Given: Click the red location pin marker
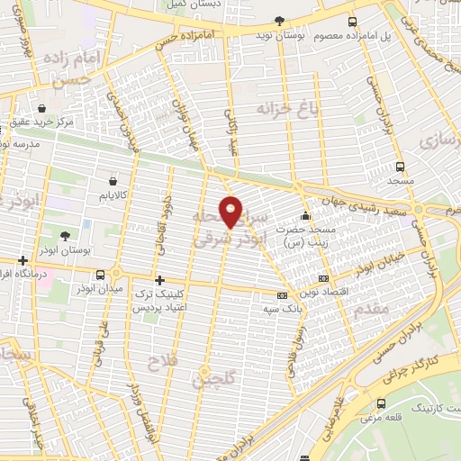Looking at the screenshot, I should coord(231,212).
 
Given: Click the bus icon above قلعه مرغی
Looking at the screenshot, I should coord(383,403).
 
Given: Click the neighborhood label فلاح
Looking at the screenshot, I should coord(164,361).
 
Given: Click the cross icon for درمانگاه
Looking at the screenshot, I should coord(22,259).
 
